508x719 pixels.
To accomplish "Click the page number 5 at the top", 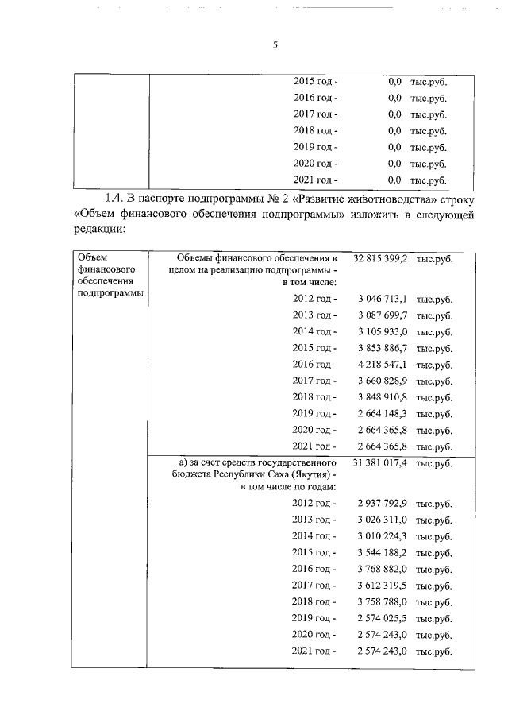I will (x=275, y=46).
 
